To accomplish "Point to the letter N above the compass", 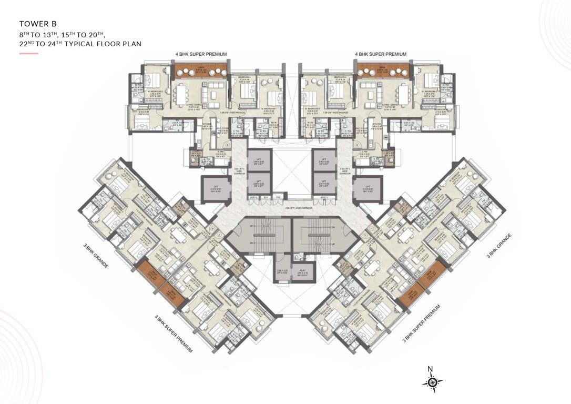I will [430, 368].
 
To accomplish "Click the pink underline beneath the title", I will [28, 54].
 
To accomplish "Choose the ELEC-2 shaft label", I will [253, 197].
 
